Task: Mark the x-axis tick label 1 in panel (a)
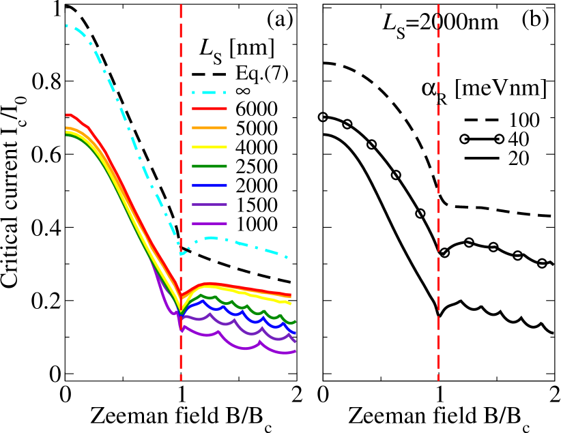(181, 393)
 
